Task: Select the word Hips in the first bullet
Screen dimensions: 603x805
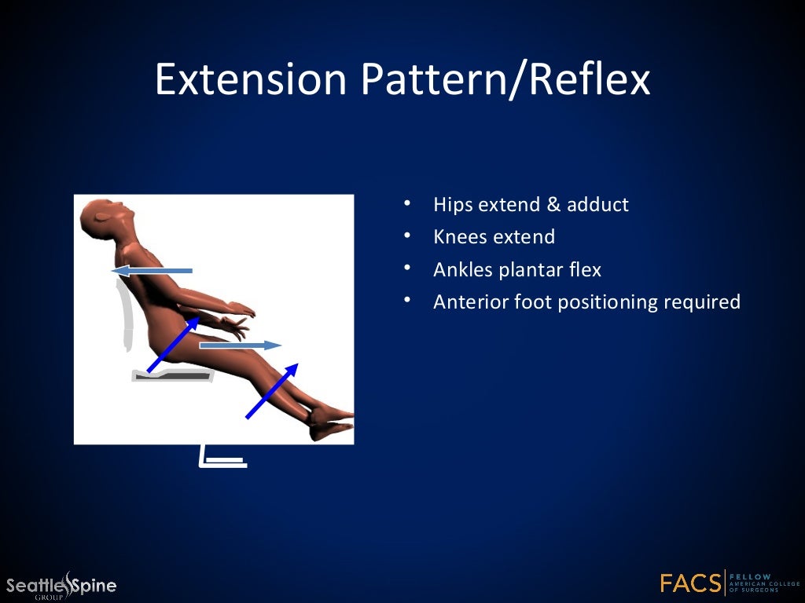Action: tap(453, 205)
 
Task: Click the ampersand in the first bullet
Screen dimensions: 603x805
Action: tap(553, 205)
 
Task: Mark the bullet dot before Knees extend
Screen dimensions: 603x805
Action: tap(407, 236)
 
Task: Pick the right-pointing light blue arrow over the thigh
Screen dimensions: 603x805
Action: tap(241, 345)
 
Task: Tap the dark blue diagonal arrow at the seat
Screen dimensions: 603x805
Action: tap(173, 343)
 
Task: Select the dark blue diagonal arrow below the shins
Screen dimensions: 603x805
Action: tap(272, 390)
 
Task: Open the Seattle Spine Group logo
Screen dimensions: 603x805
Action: tap(61, 585)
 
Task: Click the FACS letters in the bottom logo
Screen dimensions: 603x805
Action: tap(690, 583)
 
